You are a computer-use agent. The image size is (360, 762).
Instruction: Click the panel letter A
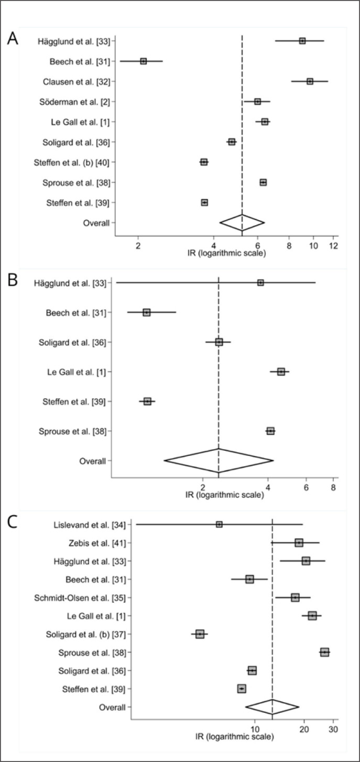tap(13, 39)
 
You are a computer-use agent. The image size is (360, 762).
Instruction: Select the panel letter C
tap(12, 522)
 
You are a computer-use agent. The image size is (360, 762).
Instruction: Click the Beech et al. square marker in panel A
tap(144, 61)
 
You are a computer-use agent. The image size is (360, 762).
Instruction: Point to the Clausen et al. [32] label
tap(77, 82)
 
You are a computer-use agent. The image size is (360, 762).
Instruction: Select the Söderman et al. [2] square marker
tap(258, 102)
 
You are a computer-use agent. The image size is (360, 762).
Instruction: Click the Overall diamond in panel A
tap(242, 223)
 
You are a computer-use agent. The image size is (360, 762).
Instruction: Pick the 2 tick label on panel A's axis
tap(138, 245)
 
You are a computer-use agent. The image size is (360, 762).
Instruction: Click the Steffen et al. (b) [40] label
tap(72, 162)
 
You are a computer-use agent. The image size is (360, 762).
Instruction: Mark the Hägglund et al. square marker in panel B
tap(260, 282)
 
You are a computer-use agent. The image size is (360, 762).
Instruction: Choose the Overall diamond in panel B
tap(219, 461)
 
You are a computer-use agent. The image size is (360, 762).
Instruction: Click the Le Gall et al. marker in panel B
tap(281, 372)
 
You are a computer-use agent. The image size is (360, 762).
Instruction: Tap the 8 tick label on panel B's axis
tap(333, 487)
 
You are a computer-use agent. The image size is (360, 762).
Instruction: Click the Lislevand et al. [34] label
tap(90, 525)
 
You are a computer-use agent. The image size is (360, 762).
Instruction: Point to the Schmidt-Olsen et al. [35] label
tap(80, 597)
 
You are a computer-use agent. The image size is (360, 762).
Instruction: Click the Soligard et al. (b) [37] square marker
tap(200, 634)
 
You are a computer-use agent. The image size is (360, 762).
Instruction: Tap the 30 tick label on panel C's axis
tap(334, 730)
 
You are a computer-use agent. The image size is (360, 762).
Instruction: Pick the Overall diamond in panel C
tap(272, 707)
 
